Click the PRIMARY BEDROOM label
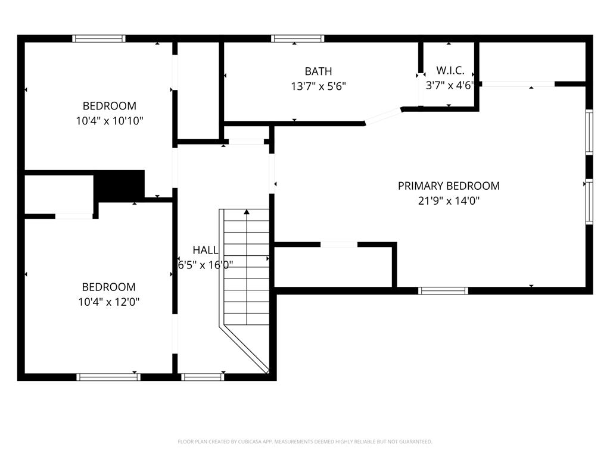click(x=449, y=186)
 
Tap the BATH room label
click(x=318, y=71)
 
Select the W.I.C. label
click(x=450, y=70)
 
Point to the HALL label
click(x=206, y=250)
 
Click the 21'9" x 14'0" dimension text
click(x=449, y=201)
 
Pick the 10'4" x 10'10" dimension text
click(x=110, y=121)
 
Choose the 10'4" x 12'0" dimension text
click(x=108, y=302)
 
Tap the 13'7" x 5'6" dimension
click(x=318, y=86)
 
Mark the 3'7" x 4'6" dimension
click(x=450, y=86)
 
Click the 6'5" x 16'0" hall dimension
click(x=206, y=265)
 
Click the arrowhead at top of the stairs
click(x=247, y=212)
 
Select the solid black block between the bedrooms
click(x=119, y=185)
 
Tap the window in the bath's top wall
click(x=298, y=39)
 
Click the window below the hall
click(x=203, y=377)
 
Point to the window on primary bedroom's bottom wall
click(x=443, y=290)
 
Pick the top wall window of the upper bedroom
click(x=99, y=39)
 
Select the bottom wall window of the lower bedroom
click(x=108, y=377)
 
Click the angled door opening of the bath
click(x=383, y=116)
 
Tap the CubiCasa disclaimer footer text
click(x=304, y=442)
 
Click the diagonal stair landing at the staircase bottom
click(x=244, y=349)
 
